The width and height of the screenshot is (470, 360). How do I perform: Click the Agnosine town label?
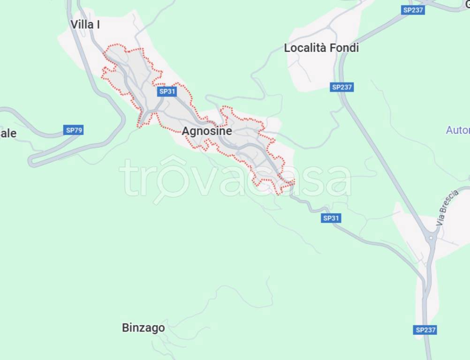click(x=206, y=131)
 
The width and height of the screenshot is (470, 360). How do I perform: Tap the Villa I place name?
click(x=85, y=24)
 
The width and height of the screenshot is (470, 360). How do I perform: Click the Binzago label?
click(x=143, y=328)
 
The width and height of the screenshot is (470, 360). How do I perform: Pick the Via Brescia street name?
click(x=447, y=208)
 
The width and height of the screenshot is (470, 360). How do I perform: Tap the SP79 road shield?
click(x=74, y=130)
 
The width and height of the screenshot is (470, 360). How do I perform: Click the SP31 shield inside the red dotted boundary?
click(x=167, y=91)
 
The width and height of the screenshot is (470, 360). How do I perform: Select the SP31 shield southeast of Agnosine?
click(x=331, y=218)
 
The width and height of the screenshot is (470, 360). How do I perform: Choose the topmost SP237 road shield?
click(x=413, y=10)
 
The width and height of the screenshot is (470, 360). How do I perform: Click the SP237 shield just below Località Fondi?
click(x=341, y=87)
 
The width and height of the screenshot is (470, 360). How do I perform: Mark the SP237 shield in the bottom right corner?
click(x=425, y=330)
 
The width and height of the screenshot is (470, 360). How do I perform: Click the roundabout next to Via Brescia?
click(x=431, y=238)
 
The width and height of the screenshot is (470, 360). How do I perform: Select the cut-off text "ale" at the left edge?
click(x=8, y=134)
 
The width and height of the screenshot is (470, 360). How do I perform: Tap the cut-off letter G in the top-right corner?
click(x=466, y=4)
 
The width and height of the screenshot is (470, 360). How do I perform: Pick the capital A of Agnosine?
click(x=186, y=131)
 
